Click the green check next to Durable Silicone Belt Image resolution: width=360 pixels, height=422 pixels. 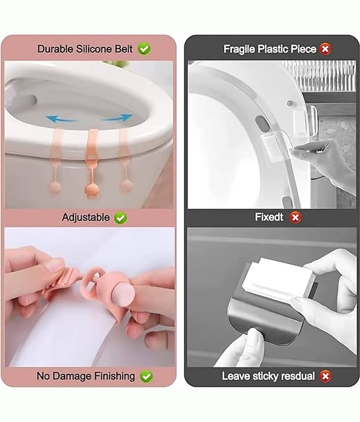pyautogui.click(x=144, y=49)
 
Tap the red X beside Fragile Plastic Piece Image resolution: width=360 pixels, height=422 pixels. pyautogui.click(x=325, y=49)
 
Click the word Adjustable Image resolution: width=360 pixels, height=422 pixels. pyautogui.click(x=86, y=217)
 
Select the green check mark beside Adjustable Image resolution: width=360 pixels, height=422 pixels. pyautogui.click(x=121, y=218)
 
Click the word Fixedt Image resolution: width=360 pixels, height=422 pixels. pyautogui.click(x=269, y=217)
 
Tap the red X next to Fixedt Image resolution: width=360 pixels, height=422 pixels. pyautogui.click(x=295, y=217)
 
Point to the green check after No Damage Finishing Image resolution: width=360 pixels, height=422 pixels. pyautogui.click(x=147, y=376)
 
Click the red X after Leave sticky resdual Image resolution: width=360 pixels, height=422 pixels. pyautogui.click(x=325, y=376)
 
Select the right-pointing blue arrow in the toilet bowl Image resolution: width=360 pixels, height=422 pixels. pyautogui.click(x=118, y=117)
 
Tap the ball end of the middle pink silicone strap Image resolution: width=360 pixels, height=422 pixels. pyautogui.click(x=92, y=189)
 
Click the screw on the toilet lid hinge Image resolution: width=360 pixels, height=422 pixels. pyautogui.click(x=290, y=103)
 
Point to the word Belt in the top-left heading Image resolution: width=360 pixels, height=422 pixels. pyautogui.click(x=124, y=49)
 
